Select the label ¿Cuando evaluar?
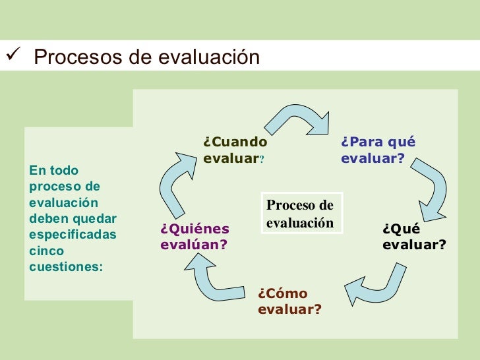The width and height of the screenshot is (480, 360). tap(235, 150)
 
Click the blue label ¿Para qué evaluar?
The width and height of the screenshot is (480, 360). tap(378, 150)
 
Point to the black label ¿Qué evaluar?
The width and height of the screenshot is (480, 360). tap(413, 237)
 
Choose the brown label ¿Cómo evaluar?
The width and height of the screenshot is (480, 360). tap(289, 301)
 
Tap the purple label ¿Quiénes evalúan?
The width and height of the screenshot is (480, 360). tap(195, 237)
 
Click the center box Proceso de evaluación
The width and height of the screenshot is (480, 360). tap(300, 214)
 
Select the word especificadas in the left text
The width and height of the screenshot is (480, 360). tap(73, 235)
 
